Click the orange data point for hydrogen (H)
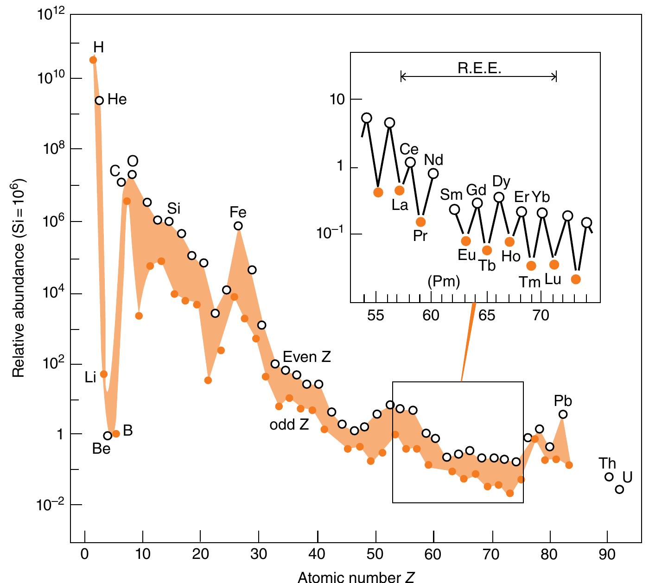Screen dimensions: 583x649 point(93,60)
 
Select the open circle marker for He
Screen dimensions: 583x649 point(99,100)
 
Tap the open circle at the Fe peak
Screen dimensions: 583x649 point(238,226)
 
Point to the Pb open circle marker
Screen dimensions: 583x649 point(563,414)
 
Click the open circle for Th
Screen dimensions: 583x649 point(609,477)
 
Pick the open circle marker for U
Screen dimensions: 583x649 point(619,489)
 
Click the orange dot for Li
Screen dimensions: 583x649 point(104,374)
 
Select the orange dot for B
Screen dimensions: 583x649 point(116,433)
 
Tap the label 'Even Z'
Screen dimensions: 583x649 point(307,357)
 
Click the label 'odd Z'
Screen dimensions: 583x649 point(289,425)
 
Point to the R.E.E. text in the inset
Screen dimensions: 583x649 point(479,69)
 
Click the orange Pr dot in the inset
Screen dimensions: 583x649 point(420,222)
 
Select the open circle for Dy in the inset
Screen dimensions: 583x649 point(499,197)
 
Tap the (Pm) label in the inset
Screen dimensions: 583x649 point(444,281)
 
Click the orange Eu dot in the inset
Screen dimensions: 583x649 point(466,241)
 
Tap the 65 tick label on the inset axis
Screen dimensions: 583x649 point(487,316)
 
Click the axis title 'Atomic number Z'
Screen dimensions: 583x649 point(356,577)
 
